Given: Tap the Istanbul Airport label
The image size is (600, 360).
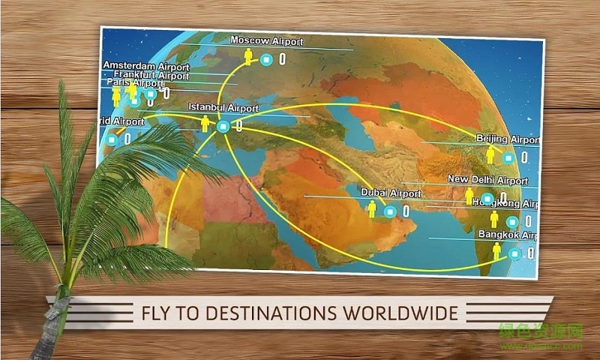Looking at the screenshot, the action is click(x=223, y=108).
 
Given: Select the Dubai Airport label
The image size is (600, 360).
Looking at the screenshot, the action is click(x=391, y=193).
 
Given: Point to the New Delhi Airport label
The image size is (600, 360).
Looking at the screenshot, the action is click(x=487, y=180).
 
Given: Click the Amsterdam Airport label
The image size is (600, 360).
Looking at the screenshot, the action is click(x=145, y=66).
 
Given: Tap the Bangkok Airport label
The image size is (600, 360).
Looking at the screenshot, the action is click(x=508, y=235).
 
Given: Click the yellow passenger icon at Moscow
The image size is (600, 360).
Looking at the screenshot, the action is click(x=248, y=56).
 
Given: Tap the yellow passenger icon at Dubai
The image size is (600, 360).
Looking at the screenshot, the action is click(x=371, y=209).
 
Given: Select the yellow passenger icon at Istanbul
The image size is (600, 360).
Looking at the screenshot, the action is click(x=205, y=124).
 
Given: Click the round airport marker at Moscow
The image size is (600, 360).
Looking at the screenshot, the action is click(x=265, y=58).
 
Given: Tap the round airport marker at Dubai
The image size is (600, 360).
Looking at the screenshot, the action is click(x=388, y=211).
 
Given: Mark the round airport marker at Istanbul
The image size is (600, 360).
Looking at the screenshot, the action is click(x=222, y=127).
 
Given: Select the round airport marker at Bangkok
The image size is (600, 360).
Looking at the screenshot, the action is click(x=514, y=253).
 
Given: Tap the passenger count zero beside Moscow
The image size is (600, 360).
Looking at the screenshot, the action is click(x=282, y=58).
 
